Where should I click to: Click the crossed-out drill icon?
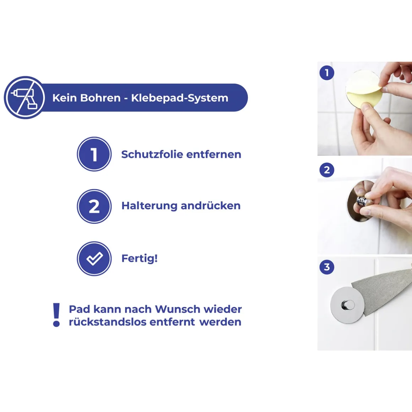[25, 97]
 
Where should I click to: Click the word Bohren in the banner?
[100, 98]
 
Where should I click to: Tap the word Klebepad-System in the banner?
[180, 98]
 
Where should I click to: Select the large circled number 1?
[94, 154]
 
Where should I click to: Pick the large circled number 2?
[94, 206]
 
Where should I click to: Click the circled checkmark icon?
[94, 259]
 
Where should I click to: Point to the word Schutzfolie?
[152, 154]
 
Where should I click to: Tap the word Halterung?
[149, 206]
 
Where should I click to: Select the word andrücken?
[211, 206]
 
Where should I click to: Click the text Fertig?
[140, 259]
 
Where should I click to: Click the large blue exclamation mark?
[56, 315]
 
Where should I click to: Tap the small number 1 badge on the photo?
[327, 73]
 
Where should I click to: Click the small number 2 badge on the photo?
[327, 170]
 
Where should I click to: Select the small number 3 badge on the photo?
[327, 267]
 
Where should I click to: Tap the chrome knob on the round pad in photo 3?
[348, 305]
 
